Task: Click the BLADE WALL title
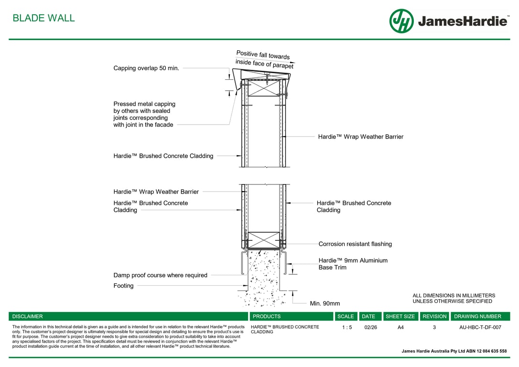point(43,18)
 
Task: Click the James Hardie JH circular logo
point(401,21)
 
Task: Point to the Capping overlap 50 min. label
point(146,68)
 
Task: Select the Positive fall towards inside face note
point(264,60)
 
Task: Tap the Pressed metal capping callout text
point(144,114)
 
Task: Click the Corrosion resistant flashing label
point(355,244)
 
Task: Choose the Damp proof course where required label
point(160,275)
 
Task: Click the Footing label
point(123,286)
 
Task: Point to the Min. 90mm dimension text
point(325,303)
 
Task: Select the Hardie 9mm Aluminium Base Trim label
point(353,264)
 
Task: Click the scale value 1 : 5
point(347,327)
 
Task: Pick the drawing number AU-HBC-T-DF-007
point(480,327)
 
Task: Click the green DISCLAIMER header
point(28,316)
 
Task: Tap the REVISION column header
point(434,316)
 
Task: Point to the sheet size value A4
point(400,327)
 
